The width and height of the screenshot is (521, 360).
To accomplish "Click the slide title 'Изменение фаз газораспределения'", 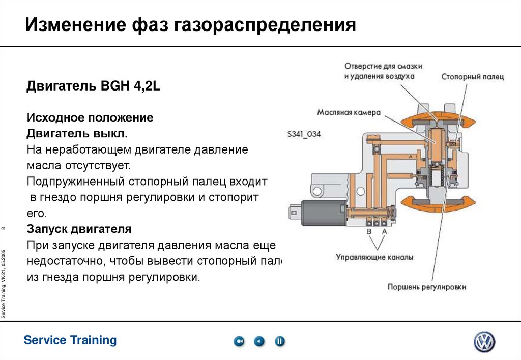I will (190, 25).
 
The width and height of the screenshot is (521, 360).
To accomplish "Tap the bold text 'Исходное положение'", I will (90, 118).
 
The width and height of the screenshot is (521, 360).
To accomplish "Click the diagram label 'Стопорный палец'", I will (472, 77).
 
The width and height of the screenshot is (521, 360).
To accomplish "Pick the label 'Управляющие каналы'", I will (374, 257).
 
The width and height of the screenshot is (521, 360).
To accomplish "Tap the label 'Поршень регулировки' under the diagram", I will (427, 287).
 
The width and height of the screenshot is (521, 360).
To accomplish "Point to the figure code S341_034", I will (304, 135).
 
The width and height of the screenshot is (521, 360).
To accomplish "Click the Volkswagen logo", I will (484, 342).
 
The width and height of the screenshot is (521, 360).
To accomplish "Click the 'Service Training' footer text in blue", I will (70, 340).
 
